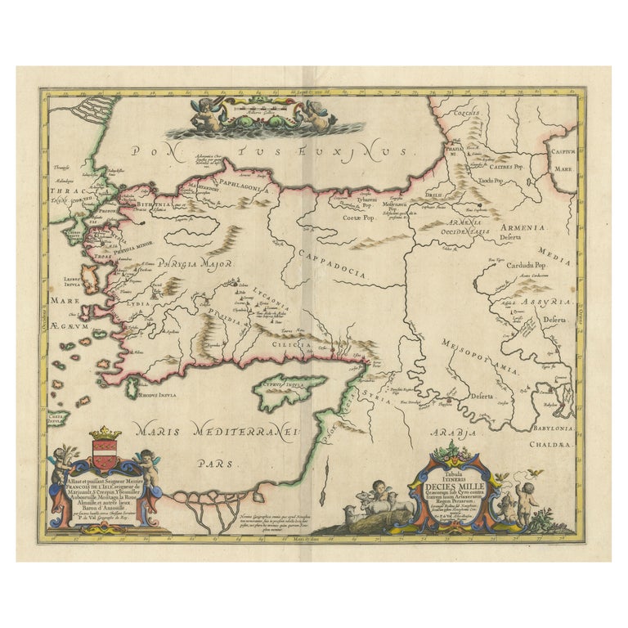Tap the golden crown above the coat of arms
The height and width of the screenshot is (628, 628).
pos(104,431)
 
